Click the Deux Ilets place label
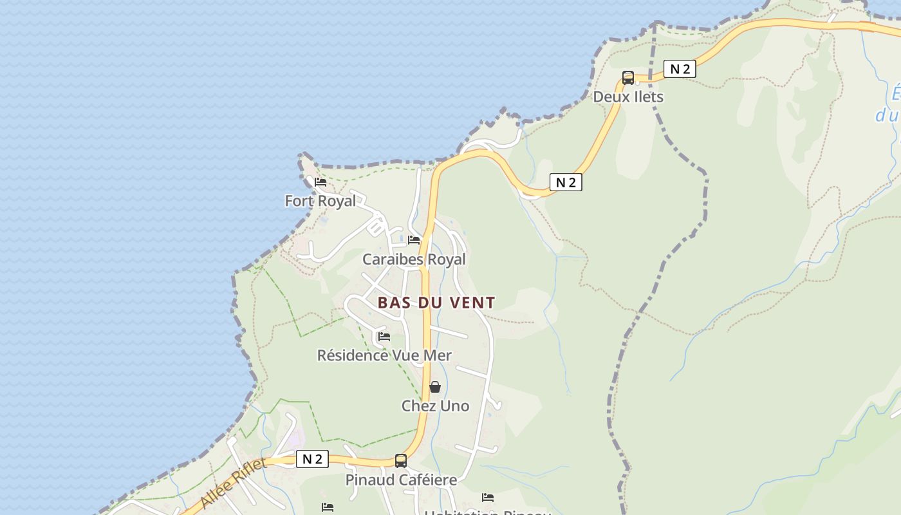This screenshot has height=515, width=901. point(627,97)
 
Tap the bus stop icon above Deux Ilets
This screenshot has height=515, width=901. point(628,78)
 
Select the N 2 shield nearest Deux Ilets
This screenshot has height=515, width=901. point(680,69)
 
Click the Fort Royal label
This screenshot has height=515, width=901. point(320,201)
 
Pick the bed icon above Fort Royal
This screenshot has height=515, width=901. point(320,182)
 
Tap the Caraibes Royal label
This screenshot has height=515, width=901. point(414,259)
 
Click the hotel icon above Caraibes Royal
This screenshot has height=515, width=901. point(414,240)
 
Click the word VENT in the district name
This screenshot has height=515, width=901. point(474,303)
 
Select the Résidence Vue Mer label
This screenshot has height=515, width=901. point(384,355)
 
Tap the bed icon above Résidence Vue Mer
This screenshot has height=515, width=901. point(384,336)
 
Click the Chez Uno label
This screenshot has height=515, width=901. point(435,406)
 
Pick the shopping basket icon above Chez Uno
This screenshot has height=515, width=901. point(435,387)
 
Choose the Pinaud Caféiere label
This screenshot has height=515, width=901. point(401,480)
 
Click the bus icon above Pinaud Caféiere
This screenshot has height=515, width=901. point(401,461)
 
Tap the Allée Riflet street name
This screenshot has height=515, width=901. point(233,483)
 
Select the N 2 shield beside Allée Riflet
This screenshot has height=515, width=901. point(313,459)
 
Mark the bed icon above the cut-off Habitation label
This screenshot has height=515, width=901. point(488,497)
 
